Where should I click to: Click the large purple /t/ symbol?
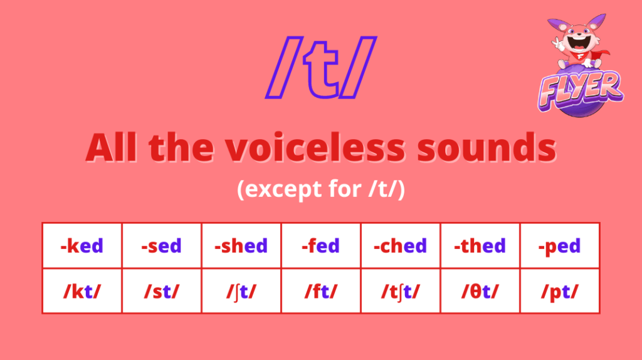tap(321, 68)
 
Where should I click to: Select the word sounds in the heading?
tap(487, 147)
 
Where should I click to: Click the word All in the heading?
tap(111, 147)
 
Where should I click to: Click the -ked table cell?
tap(82, 246)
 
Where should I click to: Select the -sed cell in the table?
tap(161, 246)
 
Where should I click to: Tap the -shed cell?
tap(241, 246)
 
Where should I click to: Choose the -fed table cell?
tap(320, 246)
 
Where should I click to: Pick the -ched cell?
tap(400, 246)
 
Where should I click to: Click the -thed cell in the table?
tap(480, 246)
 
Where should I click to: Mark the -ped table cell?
tap(559, 246)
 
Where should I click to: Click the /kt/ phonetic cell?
tap(82, 291)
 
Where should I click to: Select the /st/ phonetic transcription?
tap(161, 291)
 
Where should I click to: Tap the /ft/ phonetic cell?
tap(320, 291)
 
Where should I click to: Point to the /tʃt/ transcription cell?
tap(400, 291)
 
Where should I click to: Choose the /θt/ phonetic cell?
tap(480, 291)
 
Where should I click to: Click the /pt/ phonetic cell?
tap(559, 291)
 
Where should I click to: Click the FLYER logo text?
tap(581, 90)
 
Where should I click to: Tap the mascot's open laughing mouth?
tap(579, 42)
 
